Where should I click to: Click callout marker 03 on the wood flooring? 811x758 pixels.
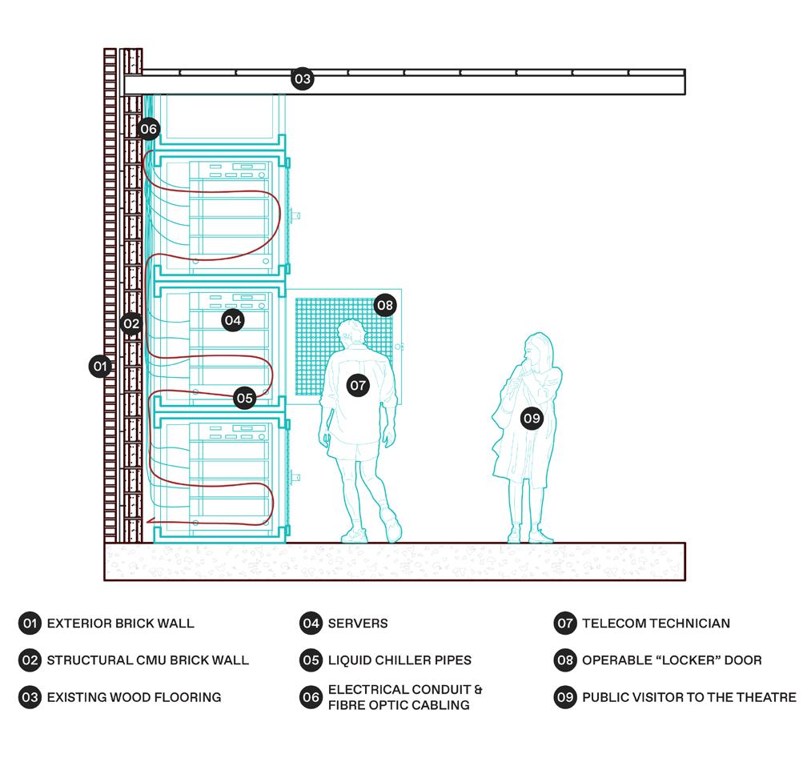point(302,78)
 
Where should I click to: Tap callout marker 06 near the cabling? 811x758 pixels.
point(148,128)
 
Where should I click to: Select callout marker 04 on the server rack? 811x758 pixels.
point(232,320)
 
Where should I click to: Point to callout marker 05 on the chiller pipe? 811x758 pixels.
point(244,397)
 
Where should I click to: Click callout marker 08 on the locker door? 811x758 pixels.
point(385,305)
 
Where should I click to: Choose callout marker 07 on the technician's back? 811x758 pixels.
point(358,385)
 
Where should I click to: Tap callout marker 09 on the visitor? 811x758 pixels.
point(532,417)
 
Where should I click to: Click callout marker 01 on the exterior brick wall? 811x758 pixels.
point(100,367)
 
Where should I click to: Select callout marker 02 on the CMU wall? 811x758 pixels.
point(131,324)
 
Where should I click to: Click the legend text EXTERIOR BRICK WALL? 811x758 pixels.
point(120,623)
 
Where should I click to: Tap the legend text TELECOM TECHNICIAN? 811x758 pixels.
point(656,623)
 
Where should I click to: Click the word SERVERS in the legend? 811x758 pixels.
point(358,623)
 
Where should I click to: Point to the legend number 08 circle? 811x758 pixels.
point(565,660)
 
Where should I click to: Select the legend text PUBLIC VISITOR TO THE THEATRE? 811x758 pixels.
point(689,697)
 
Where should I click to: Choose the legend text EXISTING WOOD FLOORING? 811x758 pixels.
point(134,697)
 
